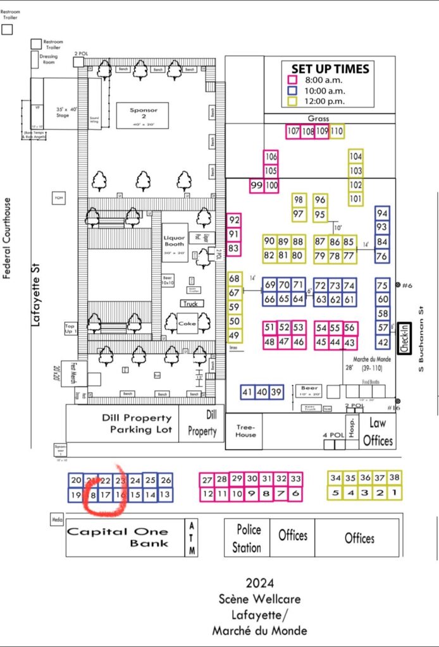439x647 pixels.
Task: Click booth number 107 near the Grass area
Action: coord(293,132)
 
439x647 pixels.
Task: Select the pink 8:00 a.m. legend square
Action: coord(292,80)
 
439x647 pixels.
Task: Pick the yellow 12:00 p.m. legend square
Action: coord(292,100)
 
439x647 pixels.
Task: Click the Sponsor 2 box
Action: coord(142,115)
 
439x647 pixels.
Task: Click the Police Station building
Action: coord(247,538)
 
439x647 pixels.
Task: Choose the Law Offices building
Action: coord(378,432)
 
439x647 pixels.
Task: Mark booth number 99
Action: coord(257,186)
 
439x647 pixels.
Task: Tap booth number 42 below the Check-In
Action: coord(383,342)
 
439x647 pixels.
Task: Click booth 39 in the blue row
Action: coord(276,392)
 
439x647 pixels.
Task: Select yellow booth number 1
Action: coord(394,493)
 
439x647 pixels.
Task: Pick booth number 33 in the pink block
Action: coord(295,479)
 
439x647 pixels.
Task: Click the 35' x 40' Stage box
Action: coord(62,112)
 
